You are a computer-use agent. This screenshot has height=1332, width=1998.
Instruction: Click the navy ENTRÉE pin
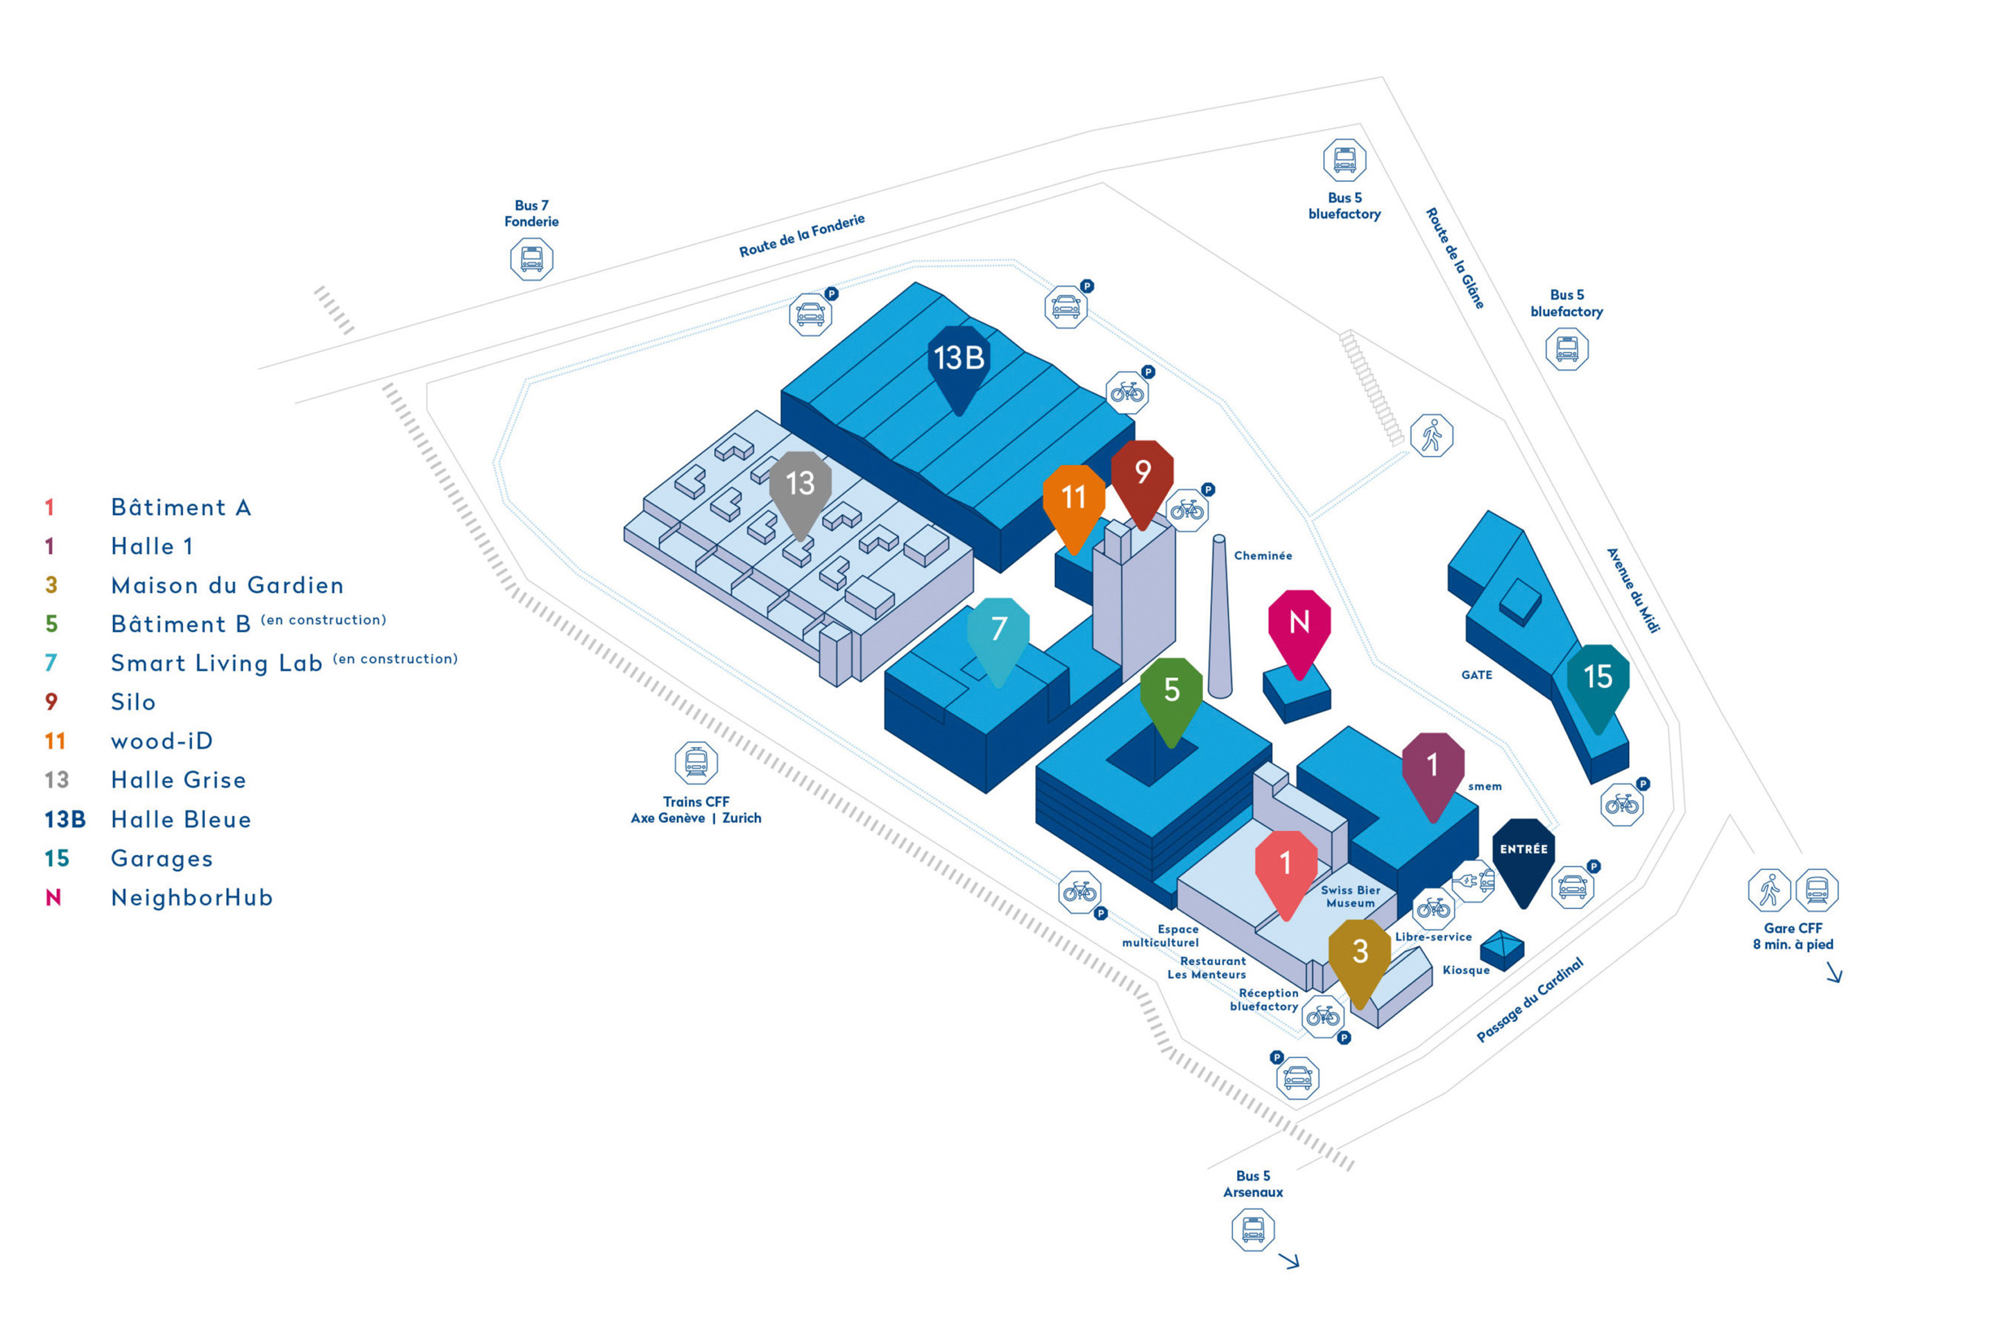pyautogui.click(x=1523, y=851)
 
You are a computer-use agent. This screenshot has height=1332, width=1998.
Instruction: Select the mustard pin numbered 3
pyautogui.click(x=1359, y=953)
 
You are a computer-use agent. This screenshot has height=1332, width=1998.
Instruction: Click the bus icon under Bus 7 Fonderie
pyautogui.click(x=532, y=259)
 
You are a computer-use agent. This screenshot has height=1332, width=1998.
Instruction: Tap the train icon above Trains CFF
pyautogui.click(x=696, y=762)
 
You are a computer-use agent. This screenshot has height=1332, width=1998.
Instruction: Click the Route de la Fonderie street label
pyautogui.click(x=801, y=235)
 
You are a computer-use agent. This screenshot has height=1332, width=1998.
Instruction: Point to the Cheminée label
pyautogui.click(x=1263, y=556)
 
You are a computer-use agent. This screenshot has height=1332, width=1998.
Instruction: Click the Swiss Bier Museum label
pyautogui.click(x=1350, y=897)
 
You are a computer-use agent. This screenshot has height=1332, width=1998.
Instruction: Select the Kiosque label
pyautogui.click(x=1465, y=970)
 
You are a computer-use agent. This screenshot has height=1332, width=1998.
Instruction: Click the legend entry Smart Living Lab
pyautogui.click(x=216, y=663)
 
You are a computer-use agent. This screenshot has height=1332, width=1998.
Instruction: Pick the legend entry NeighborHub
pyautogui.click(x=192, y=897)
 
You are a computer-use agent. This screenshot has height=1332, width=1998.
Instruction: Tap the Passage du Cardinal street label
pyautogui.click(x=1529, y=1000)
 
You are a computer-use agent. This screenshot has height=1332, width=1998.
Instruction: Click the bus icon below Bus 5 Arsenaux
pyautogui.click(x=1253, y=1229)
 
